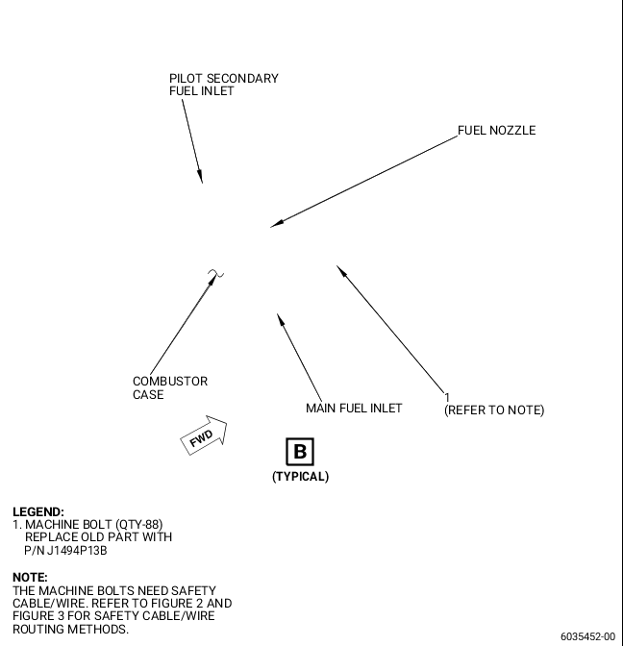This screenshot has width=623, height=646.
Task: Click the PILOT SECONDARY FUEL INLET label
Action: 224,85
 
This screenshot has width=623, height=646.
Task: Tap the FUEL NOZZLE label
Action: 496,131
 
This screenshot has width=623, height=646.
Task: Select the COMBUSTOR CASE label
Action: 170,387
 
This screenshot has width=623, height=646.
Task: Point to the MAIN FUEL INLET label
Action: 354,409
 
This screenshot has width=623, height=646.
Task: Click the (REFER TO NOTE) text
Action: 494,410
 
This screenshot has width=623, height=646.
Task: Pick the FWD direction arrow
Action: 204,435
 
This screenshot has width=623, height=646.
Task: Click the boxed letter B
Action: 300,452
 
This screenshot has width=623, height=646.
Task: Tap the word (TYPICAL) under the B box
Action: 300,477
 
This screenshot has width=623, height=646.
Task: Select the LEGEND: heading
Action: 38,512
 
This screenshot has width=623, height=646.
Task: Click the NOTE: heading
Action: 30,577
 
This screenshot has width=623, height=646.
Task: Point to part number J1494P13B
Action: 77,551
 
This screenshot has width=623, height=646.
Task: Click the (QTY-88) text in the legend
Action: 139,525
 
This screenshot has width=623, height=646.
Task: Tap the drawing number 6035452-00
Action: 587,636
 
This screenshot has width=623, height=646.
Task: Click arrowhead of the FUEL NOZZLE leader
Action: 277,224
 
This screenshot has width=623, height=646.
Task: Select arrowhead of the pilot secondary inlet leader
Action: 200,176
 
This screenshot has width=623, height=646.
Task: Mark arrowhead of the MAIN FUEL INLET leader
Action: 281,320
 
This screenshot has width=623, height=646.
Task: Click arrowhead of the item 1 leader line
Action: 342,271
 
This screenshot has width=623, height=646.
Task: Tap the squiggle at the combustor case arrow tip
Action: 215,273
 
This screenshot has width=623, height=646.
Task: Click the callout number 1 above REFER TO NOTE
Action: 447,398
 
